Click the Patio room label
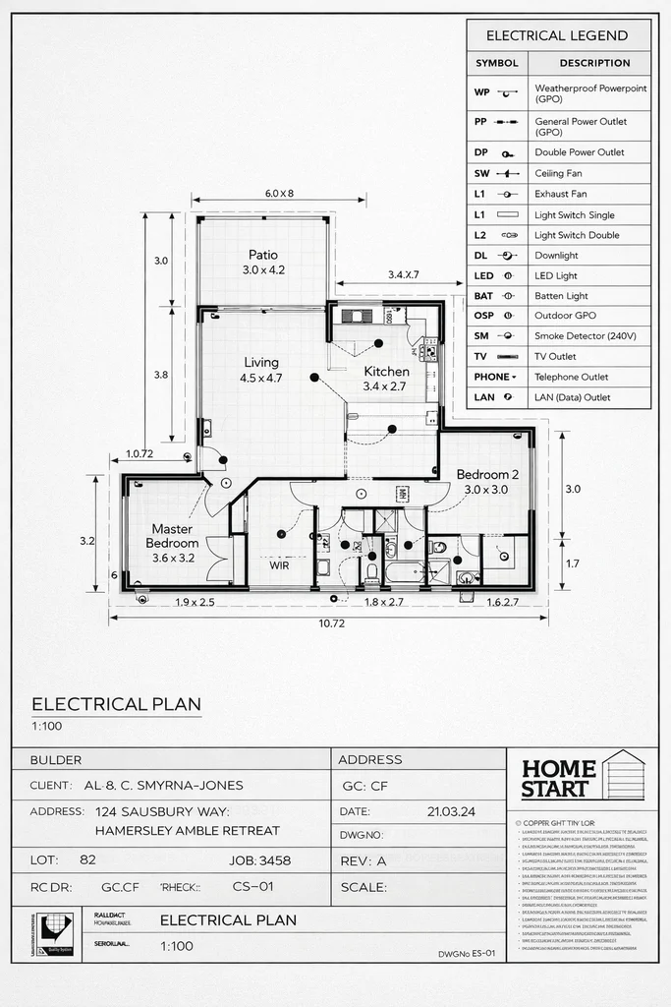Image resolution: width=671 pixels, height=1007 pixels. click(262, 256)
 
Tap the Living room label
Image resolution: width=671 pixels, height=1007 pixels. click(261, 363)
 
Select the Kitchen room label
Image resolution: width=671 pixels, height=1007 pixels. click(386, 372)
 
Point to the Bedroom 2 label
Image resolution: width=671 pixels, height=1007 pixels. click(487, 475)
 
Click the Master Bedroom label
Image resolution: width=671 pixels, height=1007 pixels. click(174, 536)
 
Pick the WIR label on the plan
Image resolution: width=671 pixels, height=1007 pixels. click(279, 565)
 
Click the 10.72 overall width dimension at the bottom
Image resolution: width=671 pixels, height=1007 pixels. click(330, 623)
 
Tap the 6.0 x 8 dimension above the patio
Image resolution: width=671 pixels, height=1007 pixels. click(279, 194)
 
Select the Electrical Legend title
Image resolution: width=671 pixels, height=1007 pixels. click(557, 35)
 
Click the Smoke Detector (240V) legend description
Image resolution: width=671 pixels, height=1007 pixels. click(586, 336)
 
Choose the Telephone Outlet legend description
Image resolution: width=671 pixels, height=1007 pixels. click(572, 377)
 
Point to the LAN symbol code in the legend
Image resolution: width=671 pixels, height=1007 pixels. click(484, 397)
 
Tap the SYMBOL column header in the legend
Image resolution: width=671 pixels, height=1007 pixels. click(496, 63)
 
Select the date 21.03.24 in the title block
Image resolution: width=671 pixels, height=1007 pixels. click(453, 812)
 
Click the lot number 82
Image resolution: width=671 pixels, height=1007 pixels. click(87, 860)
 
